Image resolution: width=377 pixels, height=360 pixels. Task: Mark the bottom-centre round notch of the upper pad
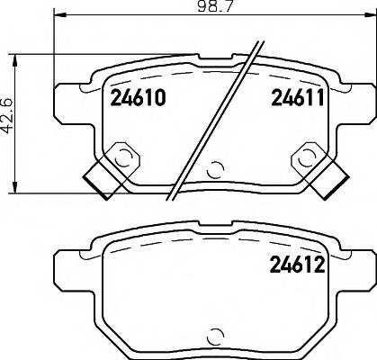[x=214, y=169]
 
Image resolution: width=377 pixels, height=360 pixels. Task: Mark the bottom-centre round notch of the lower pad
[x=214, y=337]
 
